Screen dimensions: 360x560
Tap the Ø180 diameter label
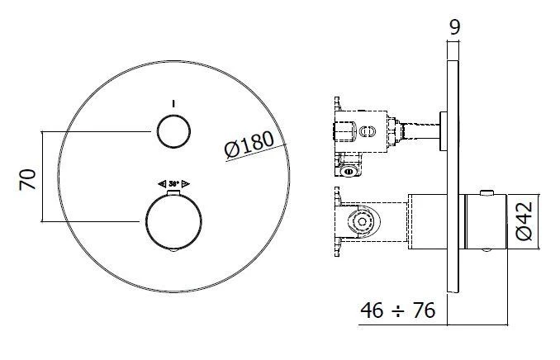(248, 145)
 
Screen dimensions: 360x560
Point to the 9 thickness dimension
(454, 26)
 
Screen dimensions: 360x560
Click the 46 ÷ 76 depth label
(399, 312)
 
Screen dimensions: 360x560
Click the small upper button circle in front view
(173, 131)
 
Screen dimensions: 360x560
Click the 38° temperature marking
(173, 183)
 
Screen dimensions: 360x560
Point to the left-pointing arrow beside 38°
(160, 183)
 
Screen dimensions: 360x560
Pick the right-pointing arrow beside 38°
(185, 183)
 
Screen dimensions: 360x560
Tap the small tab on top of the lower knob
(172, 193)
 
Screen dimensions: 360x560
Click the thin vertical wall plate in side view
(453, 173)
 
